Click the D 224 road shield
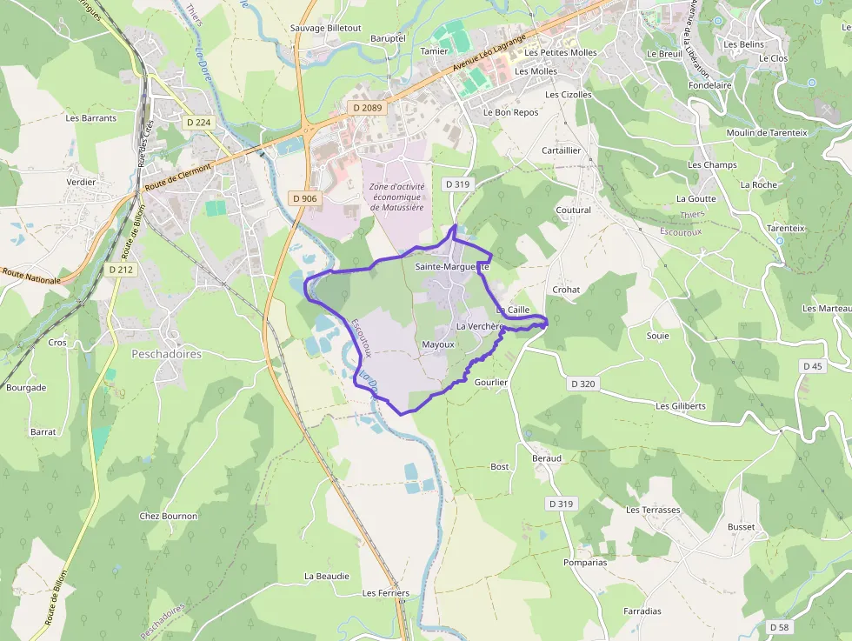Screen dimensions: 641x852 tap(199, 123)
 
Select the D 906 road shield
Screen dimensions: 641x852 tap(305, 198)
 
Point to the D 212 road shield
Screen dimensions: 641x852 tap(122, 270)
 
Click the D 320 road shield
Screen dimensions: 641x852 tap(583, 384)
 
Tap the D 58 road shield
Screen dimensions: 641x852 tap(779, 626)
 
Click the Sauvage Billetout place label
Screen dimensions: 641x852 tap(325, 28)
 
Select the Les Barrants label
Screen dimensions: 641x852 tap(91, 118)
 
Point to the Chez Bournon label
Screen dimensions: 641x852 tap(169, 516)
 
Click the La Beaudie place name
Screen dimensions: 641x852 tap(327, 576)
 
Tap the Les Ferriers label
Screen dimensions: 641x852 tap(385, 593)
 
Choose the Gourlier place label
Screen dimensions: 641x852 tap(491, 382)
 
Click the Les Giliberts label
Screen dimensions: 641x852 tap(681, 406)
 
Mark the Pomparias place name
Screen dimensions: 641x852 tap(585, 563)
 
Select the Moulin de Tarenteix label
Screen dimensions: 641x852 tap(767, 132)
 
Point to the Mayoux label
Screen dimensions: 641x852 tap(438, 344)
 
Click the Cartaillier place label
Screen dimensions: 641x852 tap(561, 150)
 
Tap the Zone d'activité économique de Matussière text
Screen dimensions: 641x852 tap(396, 197)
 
